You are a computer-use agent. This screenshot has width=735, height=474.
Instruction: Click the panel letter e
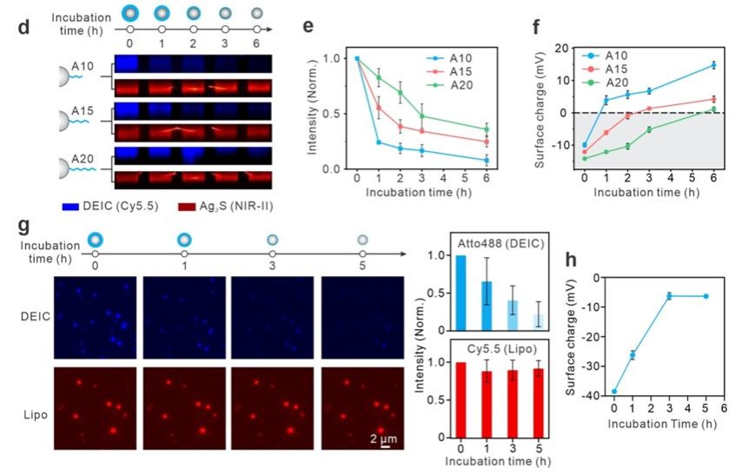coord(308,27)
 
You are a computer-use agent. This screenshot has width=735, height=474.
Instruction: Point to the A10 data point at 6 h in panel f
coord(713,65)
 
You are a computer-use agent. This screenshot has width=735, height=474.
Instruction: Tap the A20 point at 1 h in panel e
coord(378,77)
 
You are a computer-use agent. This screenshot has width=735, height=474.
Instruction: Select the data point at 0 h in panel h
coord(614,392)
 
